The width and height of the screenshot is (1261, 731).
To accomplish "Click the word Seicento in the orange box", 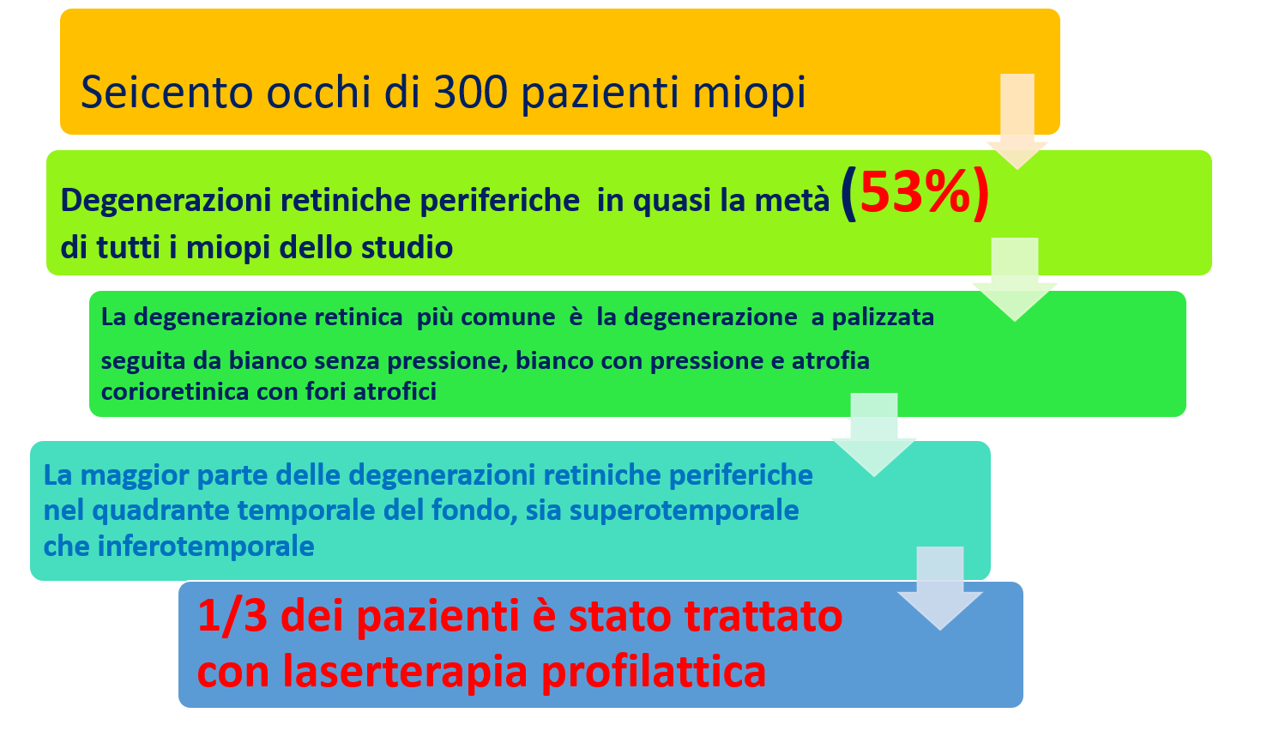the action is tap(166, 93).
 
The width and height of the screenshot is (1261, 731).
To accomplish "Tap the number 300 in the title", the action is tap(470, 93).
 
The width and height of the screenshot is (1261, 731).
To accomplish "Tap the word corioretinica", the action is tap(174, 391).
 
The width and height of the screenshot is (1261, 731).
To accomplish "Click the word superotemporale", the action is tap(684, 511).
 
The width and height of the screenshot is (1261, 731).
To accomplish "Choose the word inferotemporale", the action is tap(206, 547).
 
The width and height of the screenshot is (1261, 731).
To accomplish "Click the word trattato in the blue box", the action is tap(763, 616).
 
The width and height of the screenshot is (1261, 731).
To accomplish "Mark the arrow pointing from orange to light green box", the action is tap(1017, 121).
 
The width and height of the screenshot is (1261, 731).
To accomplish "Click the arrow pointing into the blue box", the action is tap(940, 588).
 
